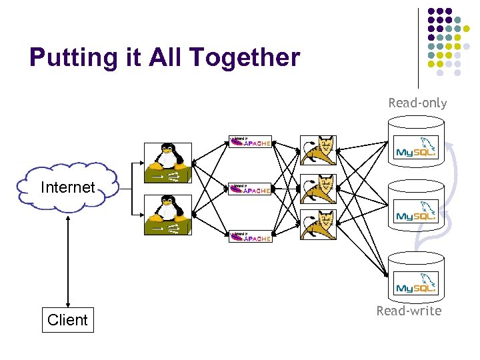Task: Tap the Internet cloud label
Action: point(67,187)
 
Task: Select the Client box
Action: point(67,320)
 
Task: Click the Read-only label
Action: point(417,103)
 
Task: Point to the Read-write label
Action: point(409,311)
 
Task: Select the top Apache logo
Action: point(250,142)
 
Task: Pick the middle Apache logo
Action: point(250,189)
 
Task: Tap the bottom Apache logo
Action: point(250,237)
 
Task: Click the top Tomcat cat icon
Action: point(318,150)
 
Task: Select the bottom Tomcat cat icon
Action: point(318,225)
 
